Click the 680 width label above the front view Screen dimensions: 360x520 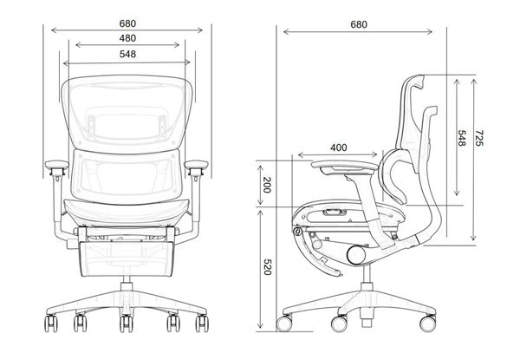(129, 23)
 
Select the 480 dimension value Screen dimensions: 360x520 (129, 39)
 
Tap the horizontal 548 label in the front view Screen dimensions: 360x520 (129, 56)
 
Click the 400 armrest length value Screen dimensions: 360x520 (339, 148)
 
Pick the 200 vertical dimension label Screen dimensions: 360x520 (268, 184)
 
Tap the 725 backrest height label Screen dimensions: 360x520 (479, 138)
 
